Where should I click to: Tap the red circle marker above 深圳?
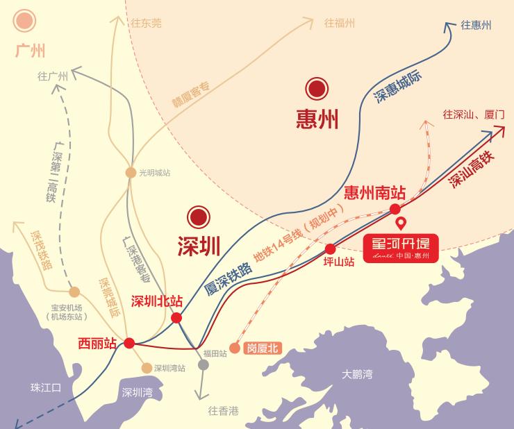click(199, 217)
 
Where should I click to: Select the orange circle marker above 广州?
click(27, 20)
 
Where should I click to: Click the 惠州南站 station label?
click(375, 192)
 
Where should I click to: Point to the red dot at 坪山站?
click(330, 249)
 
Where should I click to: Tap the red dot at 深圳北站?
click(176, 318)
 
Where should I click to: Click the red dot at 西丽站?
click(129, 342)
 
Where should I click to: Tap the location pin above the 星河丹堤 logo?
click(400, 224)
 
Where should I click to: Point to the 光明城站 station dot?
click(131, 173)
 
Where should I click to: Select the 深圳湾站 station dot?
click(147, 368)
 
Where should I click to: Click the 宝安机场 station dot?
click(74, 292)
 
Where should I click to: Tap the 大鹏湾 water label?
click(356, 375)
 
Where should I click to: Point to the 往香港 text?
click(223, 411)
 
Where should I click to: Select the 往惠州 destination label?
click(476, 25)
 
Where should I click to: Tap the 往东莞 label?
click(146, 23)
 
